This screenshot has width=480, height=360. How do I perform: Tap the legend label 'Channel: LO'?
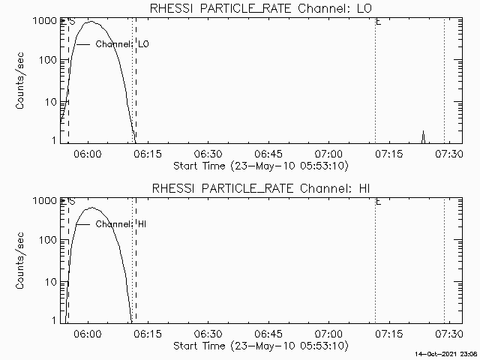122,44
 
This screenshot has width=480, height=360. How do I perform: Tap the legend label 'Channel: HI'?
120,224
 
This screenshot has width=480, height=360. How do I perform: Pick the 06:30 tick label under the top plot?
208,154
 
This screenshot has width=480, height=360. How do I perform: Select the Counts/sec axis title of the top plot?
22,80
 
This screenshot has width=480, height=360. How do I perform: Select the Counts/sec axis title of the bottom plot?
22,260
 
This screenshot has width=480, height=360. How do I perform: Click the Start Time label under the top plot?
259,165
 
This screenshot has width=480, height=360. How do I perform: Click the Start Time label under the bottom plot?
259,345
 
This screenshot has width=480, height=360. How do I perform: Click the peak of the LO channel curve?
91,22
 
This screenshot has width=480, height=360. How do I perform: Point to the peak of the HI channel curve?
91,208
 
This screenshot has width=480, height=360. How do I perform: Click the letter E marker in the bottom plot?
379,202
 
